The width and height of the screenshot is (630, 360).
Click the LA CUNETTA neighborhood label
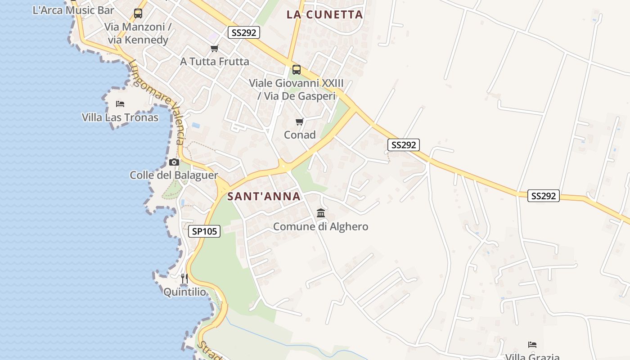pyautogui.click(x=324, y=14)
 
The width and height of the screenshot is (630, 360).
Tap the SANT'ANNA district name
pyautogui.click(x=264, y=196)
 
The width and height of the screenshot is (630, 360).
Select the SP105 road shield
pyautogui.click(x=204, y=231)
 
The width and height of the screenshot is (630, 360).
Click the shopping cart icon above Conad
pyautogui.click(x=300, y=121)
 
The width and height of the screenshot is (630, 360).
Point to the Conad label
pyautogui.click(x=300, y=135)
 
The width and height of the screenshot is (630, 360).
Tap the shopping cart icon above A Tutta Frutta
pyautogui.click(x=215, y=48)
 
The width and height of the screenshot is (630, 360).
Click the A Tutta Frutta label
pyautogui.click(x=215, y=61)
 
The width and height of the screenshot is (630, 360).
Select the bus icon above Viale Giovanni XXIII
pyautogui.click(x=297, y=70)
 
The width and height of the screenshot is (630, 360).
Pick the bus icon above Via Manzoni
pyautogui.click(x=138, y=13)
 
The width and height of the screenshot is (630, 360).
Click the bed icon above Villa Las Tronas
pyautogui.click(x=120, y=104)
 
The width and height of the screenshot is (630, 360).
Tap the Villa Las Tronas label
pyautogui.click(x=120, y=117)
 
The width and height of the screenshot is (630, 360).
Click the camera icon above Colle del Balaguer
pyautogui.click(x=174, y=162)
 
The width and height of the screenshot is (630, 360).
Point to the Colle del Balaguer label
pyautogui.click(x=174, y=175)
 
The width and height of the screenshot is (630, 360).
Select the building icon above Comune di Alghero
pyautogui.click(x=321, y=213)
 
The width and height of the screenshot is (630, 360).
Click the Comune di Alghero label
pyautogui.click(x=320, y=226)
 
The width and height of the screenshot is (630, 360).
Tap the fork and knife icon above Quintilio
pyautogui.click(x=184, y=279)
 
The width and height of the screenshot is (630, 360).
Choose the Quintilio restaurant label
pyautogui.click(x=184, y=292)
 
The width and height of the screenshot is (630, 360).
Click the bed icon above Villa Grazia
pyautogui.click(x=532, y=345)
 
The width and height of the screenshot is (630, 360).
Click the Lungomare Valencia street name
pyautogui.click(x=157, y=102)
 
